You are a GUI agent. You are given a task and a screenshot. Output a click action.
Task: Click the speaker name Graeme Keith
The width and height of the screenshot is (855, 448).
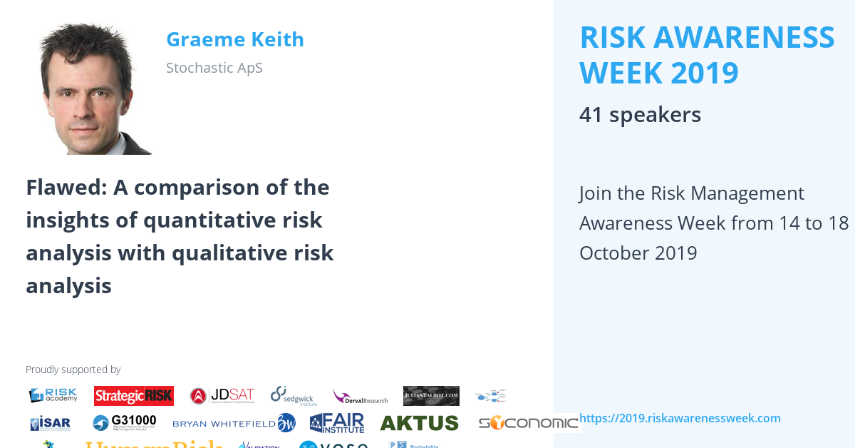[234, 40]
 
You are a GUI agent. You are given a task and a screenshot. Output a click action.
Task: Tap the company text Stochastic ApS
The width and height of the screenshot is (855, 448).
[214, 68]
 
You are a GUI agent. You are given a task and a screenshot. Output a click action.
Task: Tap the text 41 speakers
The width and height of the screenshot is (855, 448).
[640, 115]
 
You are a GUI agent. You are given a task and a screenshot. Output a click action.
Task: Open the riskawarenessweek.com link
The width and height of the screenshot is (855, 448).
[680, 419]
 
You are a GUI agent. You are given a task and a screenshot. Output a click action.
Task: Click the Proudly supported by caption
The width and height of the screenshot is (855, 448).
[73, 370]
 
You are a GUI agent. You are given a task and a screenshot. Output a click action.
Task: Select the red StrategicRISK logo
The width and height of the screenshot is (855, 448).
[133, 396]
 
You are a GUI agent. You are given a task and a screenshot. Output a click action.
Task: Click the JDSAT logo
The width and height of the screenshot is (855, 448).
[222, 396]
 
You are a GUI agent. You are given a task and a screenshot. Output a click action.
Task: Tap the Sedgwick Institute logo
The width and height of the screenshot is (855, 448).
[291, 395]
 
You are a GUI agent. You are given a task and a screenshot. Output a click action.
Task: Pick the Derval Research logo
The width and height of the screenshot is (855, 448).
[360, 397]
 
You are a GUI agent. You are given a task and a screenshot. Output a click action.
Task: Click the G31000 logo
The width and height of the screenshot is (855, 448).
[124, 422]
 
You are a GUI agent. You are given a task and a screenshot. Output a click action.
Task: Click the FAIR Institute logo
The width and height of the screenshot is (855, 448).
[337, 423]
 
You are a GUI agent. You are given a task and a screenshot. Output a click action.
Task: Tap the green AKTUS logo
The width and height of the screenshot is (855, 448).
[419, 423]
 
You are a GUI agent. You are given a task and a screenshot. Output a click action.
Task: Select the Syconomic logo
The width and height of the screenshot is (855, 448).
[528, 423]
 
